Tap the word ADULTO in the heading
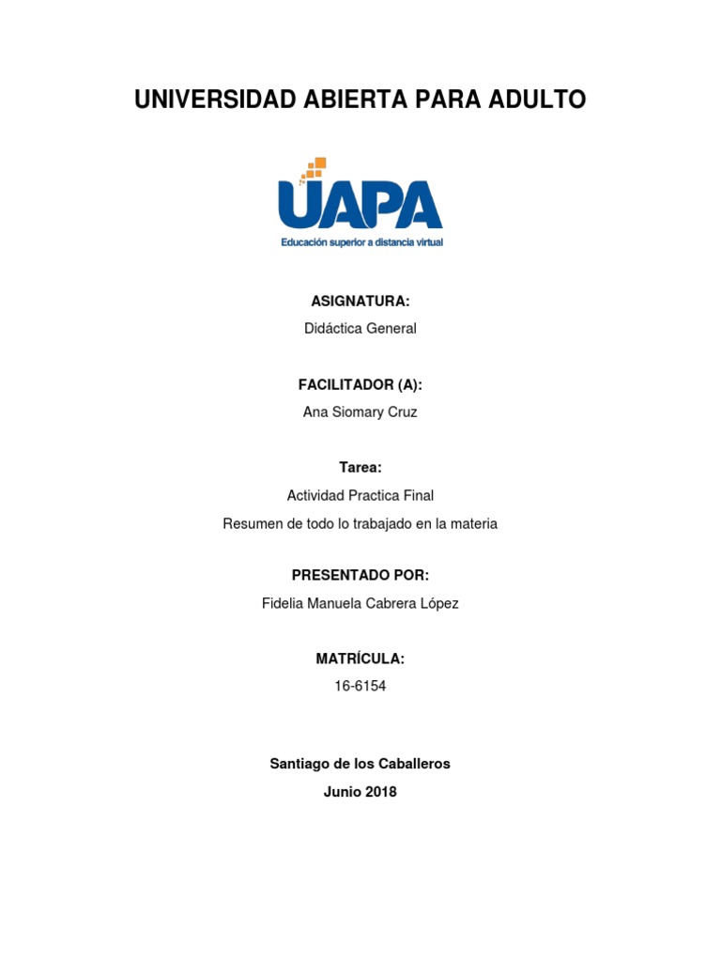click(x=538, y=100)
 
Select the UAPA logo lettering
click(x=360, y=204)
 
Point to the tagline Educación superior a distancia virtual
click(x=361, y=242)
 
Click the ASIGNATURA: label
click(x=360, y=301)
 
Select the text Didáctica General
click(x=360, y=329)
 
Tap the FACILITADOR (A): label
click(x=360, y=384)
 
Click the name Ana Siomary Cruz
click(x=360, y=412)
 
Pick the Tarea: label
click(x=360, y=467)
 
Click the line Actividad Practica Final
click(x=360, y=495)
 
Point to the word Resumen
click(x=251, y=523)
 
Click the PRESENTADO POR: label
click(x=360, y=575)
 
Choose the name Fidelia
click(x=284, y=603)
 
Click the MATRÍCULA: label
click(x=360, y=659)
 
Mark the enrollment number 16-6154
click(x=360, y=686)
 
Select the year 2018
click(x=380, y=792)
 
